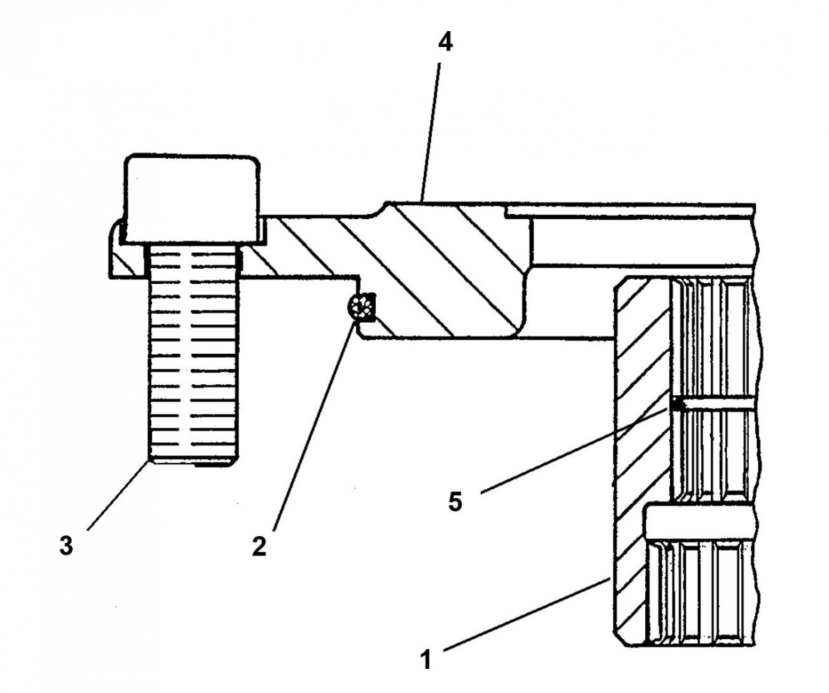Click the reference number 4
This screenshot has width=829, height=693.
tap(446, 44)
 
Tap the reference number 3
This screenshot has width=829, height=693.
tap(65, 546)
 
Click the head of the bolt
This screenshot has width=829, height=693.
tap(192, 200)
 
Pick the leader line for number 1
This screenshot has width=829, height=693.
tap(525, 615)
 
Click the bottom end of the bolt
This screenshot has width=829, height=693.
tap(194, 462)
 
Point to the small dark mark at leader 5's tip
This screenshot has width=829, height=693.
tap(674, 404)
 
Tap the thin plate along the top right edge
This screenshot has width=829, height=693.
tap(629, 208)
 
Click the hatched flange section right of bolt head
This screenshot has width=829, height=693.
tap(297, 249)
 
